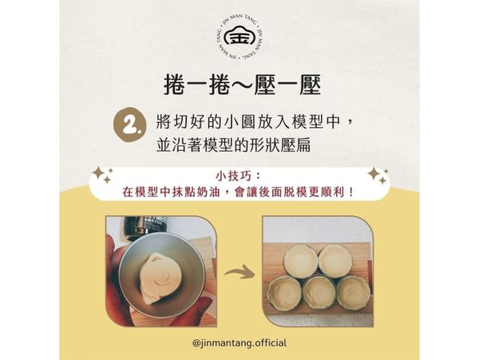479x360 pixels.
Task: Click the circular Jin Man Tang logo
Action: tap(239, 36)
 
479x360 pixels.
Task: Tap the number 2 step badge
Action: tap(133, 125)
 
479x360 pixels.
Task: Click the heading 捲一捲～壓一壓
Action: tap(239, 85)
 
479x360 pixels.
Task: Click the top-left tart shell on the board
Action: tap(300, 260)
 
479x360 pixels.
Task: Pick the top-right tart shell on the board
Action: tap(335, 260)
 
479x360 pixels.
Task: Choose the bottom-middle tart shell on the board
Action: tap(319, 292)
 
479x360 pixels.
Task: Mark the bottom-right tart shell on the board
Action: tap(353, 292)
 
